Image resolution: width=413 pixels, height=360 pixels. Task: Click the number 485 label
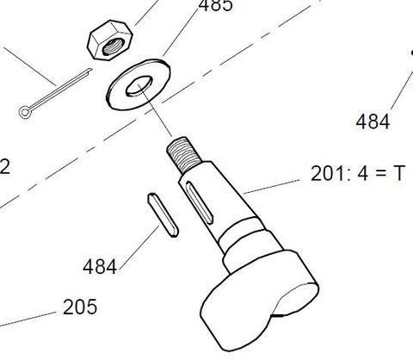click(214, 7)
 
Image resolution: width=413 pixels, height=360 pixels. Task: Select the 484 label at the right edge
click(373, 121)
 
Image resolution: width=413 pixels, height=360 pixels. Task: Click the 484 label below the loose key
click(100, 266)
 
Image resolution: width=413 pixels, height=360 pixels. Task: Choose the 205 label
click(80, 306)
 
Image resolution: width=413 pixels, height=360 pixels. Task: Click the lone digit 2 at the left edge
click(4, 167)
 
